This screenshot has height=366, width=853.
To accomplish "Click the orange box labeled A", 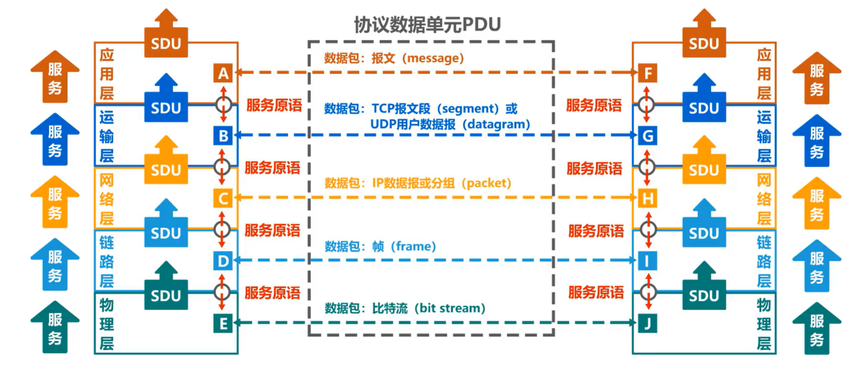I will pos(223,73).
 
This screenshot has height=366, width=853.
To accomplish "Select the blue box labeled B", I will pos(223,136).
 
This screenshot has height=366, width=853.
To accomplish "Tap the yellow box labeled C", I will pos(223,198).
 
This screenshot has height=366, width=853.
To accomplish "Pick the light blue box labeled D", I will pos(223,261).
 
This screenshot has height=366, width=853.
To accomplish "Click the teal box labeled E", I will pos(223,324).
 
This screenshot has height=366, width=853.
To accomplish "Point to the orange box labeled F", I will pos(648,73).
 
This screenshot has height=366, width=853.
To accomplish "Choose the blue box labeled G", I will pos(648,136).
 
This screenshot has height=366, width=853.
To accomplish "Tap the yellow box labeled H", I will pos(648,198).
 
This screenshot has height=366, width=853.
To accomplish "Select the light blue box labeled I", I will pos(648,261).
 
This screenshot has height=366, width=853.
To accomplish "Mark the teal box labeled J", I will pos(648,324).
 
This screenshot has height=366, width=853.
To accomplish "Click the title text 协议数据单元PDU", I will pos(427,25).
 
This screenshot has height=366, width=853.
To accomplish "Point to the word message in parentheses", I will pos(433,58).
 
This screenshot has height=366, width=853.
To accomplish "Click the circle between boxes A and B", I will pos(223,105).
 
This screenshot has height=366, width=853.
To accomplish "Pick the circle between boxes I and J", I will pos(648,292).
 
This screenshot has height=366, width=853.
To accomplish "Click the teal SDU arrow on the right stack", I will pos(704,291).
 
